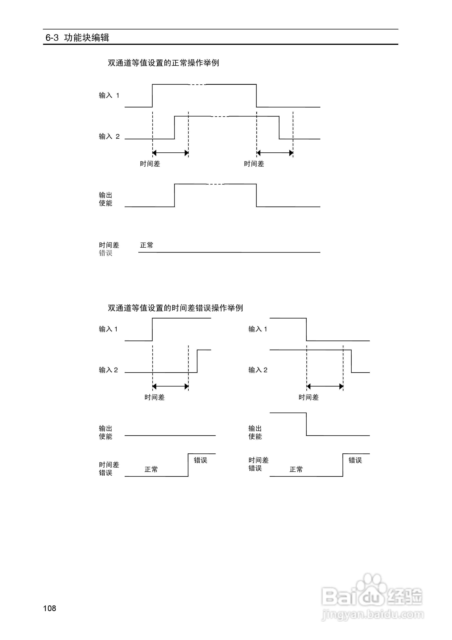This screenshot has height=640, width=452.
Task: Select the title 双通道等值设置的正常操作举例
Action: click(x=163, y=63)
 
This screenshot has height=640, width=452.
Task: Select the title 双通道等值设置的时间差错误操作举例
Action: click(x=175, y=308)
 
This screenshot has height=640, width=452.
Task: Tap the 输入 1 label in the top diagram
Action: click(x=109, y=96)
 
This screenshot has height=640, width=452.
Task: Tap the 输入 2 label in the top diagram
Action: click(x=109, y=137)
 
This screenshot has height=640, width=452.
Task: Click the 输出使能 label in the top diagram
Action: click(x=105, y=199)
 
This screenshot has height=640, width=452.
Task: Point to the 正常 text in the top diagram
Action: click(x=147, y=245)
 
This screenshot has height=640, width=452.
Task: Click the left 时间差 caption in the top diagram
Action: click(x=150, y=164)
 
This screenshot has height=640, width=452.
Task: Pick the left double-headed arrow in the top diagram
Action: click(x=170, y=153)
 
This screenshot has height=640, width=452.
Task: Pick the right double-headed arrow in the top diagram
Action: click(x=275, y=153)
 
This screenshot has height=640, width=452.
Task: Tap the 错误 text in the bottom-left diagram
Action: click(x=200, y=460)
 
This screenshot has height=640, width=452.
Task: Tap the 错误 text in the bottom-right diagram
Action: click(x=355, y=460)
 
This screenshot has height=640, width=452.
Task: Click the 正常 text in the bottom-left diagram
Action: click(x=151, y=469)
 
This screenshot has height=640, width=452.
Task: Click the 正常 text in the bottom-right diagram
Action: click(x=296, y=469)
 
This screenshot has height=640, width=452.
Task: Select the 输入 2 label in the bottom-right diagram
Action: click(x=258, y=370)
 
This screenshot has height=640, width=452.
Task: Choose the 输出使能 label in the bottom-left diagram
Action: click(x=105, y=432)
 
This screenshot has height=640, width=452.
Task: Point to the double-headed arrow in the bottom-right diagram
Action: click(x=325, y=386)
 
